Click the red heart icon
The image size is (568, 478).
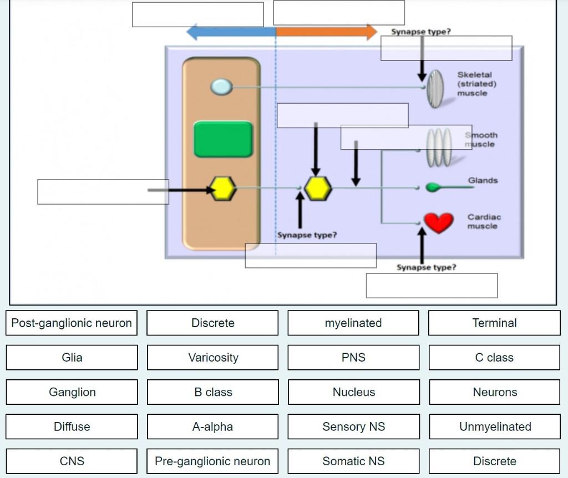[438, 222]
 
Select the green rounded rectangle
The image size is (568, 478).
[223, 140]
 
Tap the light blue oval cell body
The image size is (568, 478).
[221, 87]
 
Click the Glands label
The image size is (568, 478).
[483, 181]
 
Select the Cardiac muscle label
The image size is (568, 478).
[484, 222]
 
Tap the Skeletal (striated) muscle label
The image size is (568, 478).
[476, 84]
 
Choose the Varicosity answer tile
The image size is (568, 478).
[213, 358]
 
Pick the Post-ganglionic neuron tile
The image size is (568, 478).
[72, 323]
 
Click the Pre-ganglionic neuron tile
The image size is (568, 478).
[212, 461]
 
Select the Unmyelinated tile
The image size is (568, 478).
[495, 426]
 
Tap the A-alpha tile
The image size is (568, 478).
[212, 426]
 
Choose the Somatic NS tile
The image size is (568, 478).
[353, 461]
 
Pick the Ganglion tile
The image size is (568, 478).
[72, 392]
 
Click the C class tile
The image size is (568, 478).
[494, 358]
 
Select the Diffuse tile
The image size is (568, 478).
[72, 426]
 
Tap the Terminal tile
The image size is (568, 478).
[494, 323]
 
